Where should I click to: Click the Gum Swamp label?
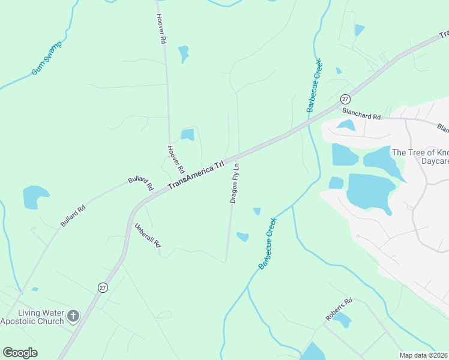point(47,58)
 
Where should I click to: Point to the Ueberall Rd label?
point(148,235)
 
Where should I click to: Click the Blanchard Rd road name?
point(361,112)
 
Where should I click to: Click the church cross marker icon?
point(73,316)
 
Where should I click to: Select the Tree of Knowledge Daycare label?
point(420,157)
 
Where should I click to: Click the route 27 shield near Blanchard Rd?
point(345,99)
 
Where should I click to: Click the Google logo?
point(20,353)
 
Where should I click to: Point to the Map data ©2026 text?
point(424,355)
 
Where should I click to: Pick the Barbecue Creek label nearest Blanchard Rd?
point(315,86)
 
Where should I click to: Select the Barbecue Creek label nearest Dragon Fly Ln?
point(268,242)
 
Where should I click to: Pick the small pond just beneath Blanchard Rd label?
point(346,125)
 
